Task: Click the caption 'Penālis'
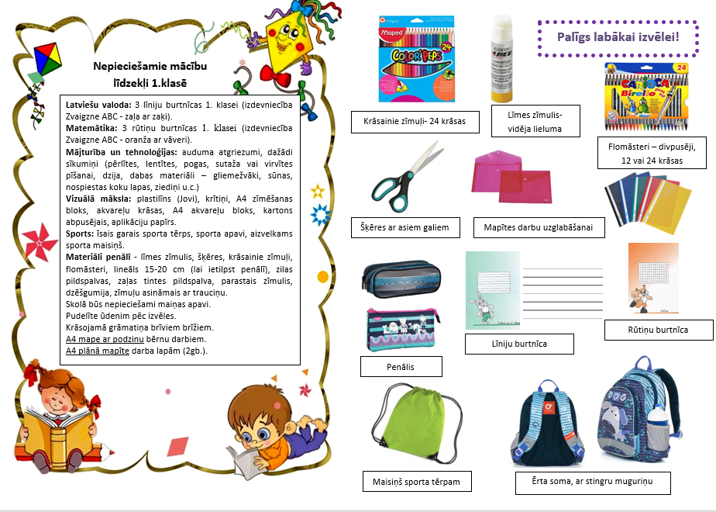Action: click(x=401, y=366)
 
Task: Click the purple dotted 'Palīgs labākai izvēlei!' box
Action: click(x=618, y=36)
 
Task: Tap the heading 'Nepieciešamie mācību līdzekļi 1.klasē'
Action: click(x=149, y=74)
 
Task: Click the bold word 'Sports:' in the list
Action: click(x=80, y=233)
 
